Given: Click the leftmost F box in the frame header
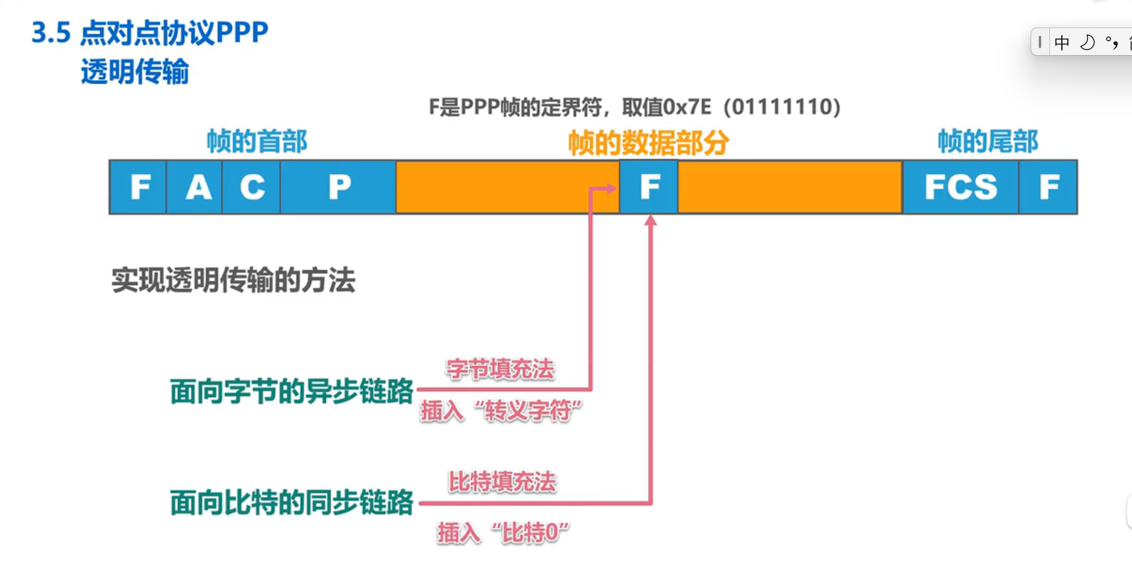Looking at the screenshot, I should (138, 187).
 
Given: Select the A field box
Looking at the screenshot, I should (195, 187).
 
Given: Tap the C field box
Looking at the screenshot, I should (252, 187).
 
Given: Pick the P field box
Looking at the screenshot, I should (339, 187).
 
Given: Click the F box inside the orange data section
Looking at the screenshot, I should (649, 187).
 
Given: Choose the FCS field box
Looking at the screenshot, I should (960, 187).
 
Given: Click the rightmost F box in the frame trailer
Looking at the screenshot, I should (1049, 187).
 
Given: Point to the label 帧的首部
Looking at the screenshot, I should (257, 142).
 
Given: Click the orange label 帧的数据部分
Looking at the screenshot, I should (648, 143).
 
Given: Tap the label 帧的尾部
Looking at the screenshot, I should (987, 142).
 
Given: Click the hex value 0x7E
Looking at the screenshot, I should (686, 107).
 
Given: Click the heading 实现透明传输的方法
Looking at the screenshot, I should (234, 280).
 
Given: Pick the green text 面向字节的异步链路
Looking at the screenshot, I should (292, 392).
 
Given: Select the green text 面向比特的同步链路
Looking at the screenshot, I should (292, 502).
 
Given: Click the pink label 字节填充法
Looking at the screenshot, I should (500, 369).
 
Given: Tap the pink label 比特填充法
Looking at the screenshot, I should (502, 482).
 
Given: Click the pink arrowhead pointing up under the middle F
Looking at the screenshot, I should (651, 221).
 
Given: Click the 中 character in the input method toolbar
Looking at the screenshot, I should (1062, 43).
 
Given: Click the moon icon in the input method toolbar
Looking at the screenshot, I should (1088, 43).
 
